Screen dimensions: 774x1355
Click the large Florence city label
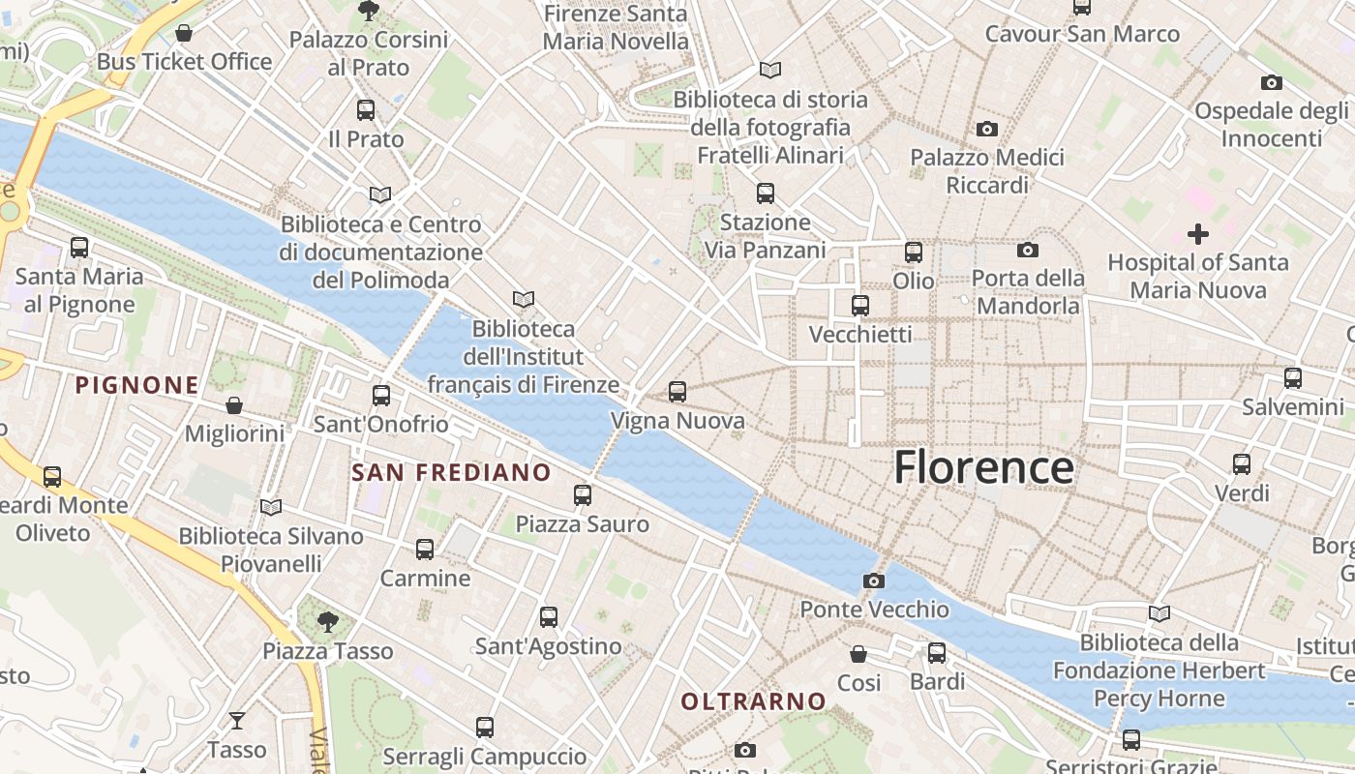[x=983, y=468]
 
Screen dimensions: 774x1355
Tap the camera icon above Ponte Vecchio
[x=874, y=580]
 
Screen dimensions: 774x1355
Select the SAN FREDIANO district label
[x=451, y=473]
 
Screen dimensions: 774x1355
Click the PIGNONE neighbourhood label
[x=137, y=385]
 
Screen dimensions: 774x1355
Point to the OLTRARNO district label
[x=754, y=701]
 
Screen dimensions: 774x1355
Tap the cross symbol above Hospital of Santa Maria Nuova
[x=1198, y=234]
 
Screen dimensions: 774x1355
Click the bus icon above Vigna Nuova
[x=677, y=392]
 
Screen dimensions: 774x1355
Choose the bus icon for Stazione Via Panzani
[x=766, y=193]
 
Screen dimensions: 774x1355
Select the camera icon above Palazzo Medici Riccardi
[x=987, y=129]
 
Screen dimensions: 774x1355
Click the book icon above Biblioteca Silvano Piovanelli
[x=271, y=507]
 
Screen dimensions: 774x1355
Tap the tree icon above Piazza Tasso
[x=328, y=621]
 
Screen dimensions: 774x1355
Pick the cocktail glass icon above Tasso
[x=236, y=721]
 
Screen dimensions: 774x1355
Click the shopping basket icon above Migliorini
[x=234, y=404]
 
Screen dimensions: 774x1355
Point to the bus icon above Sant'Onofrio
[x=381, y=395]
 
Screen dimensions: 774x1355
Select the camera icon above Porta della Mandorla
[x=1028, y=251]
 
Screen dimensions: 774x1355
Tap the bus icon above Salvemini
[x=1293, y=378]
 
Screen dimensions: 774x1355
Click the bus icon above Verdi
[x=1242, y=464]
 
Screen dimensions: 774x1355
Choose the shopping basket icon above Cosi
[x=858, y=654]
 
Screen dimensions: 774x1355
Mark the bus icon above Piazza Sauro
[x=583, y=495]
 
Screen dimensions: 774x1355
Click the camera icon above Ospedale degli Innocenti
[x=1272, y=82]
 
